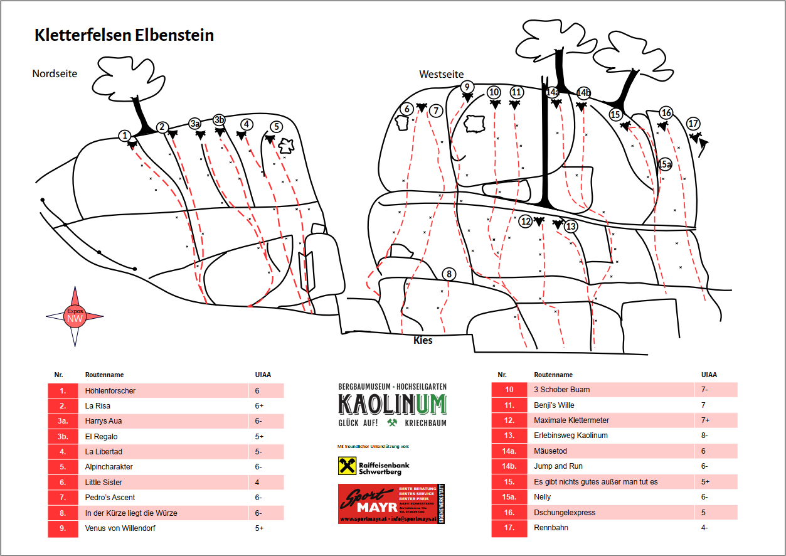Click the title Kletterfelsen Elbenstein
pos(124,35)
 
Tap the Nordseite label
pos(55,74)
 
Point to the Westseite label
pos(440,75)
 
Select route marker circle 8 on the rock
pos(449,274)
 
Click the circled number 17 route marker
pos(693,124)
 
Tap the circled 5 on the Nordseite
pos(277,127)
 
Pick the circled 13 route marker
pos(570,227)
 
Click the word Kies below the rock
pos(423,341)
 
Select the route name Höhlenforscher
pos(110,391)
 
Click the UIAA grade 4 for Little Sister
pos(257,483)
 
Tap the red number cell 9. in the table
pos(63,528)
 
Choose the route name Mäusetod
pos(550,451)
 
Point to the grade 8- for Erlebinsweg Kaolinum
pos(704,436)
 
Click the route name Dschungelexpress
pos(565,513)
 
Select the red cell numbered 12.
pos(509,420)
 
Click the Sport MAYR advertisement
pos(391,503)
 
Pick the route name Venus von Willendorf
pos(120,528)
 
